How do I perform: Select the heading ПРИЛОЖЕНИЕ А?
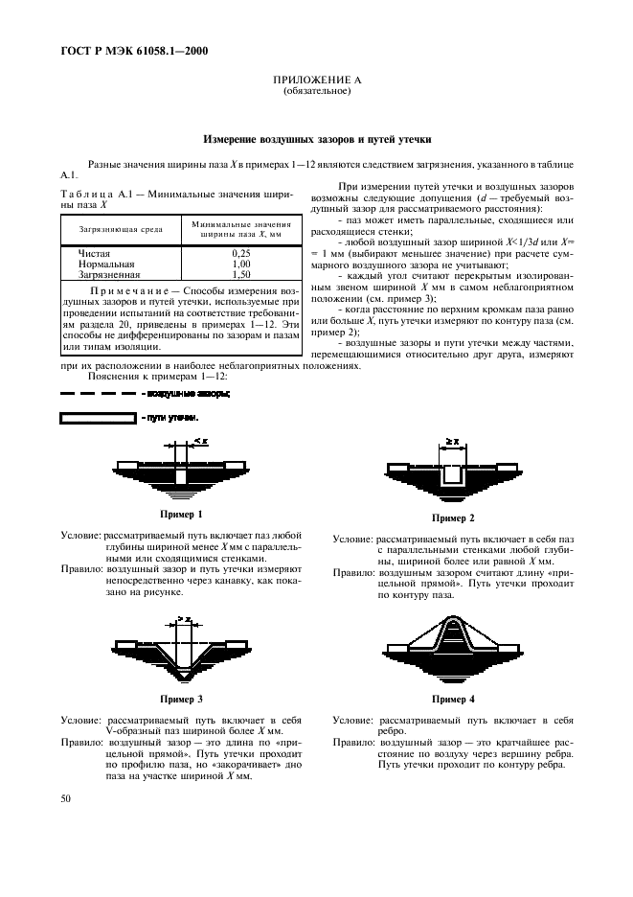click(316, 82)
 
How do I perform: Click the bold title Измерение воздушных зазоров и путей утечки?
click(316, 139)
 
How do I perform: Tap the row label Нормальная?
click(105, 263)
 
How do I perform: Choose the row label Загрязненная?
click(109, 273)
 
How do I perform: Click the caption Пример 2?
click(453, 518)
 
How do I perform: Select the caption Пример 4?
click(453, 700)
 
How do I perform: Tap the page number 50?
click(66, 797)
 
